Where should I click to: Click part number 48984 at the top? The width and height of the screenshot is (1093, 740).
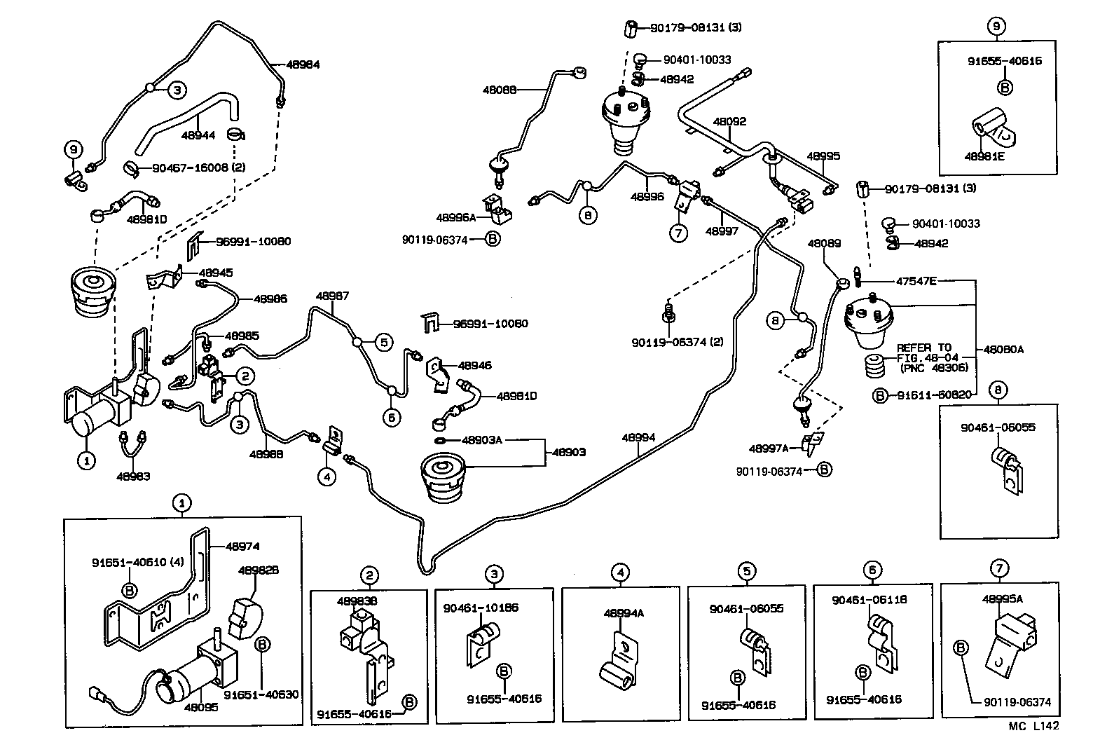[x=303, y=64]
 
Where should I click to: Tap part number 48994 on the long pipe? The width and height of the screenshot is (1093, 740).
[x=638, y=438]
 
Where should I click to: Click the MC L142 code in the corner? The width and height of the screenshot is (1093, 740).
[x=1034, y=727]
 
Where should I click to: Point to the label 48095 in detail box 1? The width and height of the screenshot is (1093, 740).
[x=201, y=707]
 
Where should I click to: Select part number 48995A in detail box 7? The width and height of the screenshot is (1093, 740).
[x=1003, y=598]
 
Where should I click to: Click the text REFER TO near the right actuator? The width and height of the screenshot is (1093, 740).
[x=924, y=348]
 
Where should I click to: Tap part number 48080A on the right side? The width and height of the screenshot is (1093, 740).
[x=1003, y=349]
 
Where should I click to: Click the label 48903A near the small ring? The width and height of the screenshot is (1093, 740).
[x=482, y=440]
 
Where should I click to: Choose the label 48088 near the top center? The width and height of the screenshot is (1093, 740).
[x=500, y=90]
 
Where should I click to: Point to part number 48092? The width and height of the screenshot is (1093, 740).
[x=729, y=121]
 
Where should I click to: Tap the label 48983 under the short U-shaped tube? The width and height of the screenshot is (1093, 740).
[x=133, y=476]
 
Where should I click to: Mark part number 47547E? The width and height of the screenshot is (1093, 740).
[x=916, y=281]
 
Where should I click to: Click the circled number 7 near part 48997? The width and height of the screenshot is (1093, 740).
[x=678, y=233]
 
